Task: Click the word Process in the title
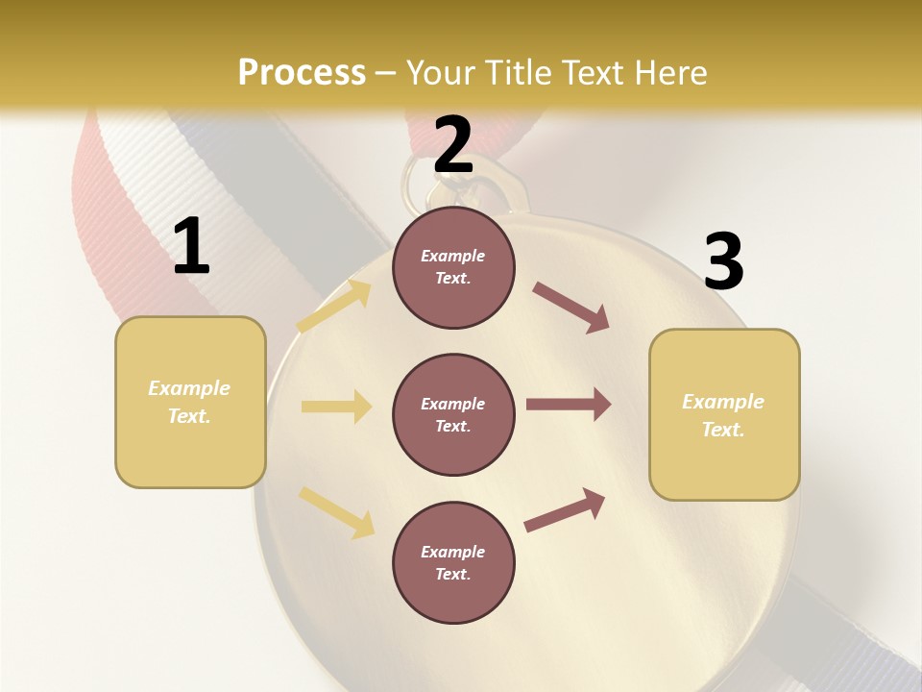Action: [x=302, y=72]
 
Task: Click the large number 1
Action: [x=191, y=246]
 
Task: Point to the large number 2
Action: [x=453, y=145]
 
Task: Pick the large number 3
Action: [x=723, y=262]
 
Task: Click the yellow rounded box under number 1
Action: [x=190, y=402]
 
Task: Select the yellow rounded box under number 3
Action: [x=724, y=415]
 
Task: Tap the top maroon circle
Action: [x=453, y=267]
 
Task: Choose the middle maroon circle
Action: [x=453, y=414]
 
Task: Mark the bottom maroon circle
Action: [x=453, y=562]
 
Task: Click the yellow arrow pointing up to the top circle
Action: [x=334, y=306]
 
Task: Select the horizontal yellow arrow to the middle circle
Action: [x=336, y=407]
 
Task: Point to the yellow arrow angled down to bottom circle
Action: [x=336, y=511]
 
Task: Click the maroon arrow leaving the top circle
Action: [x=570, y=308]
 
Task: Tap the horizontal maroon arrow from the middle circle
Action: [x=569, y=405]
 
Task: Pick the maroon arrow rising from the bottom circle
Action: [x=565, y=509]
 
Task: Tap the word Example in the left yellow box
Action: [x=189, y=388]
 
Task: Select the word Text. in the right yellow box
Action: [x=723, y=430]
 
